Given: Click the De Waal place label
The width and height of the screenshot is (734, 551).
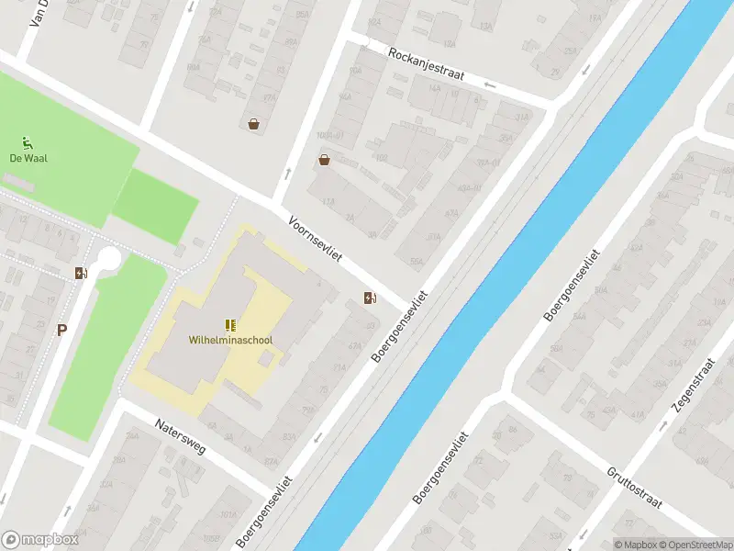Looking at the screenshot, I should [x=28, y=158].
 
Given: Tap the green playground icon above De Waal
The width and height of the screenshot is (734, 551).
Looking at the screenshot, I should [x=28, y=142].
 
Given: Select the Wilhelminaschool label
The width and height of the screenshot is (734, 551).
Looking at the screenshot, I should [x=230, y=340].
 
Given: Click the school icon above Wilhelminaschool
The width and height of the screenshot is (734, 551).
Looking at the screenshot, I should [x=230, y=325].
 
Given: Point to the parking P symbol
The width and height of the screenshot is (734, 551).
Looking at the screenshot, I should [x=61, y=331].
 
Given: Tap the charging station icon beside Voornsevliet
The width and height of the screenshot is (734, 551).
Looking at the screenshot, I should [x=369, y=298].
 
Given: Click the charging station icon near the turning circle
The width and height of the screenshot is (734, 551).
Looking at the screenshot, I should [x=81, y=272].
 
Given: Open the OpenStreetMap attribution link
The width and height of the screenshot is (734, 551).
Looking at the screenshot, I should [x=695, y=545].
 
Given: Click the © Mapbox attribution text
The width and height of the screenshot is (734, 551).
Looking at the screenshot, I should [x=635, y=545].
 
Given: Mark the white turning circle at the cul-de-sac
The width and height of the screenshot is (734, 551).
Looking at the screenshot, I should [x=110, y=259].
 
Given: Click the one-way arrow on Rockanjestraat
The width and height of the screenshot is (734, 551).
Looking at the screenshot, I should [x=489, y=86].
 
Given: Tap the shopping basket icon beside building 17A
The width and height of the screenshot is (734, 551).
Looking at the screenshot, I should [x=253, y=124].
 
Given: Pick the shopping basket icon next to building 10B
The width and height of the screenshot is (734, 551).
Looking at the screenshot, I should [x=324, y=161].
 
